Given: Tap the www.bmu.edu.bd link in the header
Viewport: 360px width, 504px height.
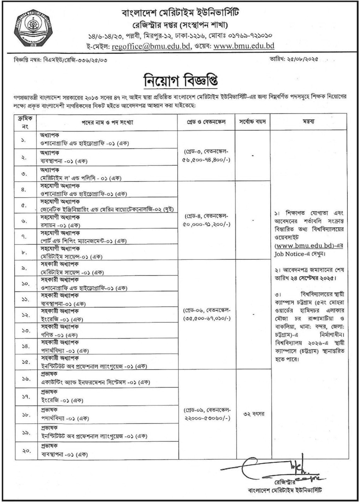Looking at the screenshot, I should click(x=244, y=46).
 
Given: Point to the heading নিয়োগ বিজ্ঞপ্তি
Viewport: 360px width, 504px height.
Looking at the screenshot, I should click(x=181, y=81).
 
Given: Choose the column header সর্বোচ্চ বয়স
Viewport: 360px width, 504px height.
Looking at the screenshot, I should click(x=253, y=122).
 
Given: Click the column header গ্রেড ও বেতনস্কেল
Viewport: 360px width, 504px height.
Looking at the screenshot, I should click(x=206, y=122).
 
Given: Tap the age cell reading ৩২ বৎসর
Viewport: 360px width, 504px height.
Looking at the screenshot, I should click(x=253, y=414).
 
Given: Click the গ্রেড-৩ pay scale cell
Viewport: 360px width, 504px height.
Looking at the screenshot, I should click(x=206, y=156).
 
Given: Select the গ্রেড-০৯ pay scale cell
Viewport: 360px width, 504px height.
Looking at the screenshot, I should click(x=206, y=414).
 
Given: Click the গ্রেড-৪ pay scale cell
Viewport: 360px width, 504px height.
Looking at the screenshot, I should click(x=206, y=220).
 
